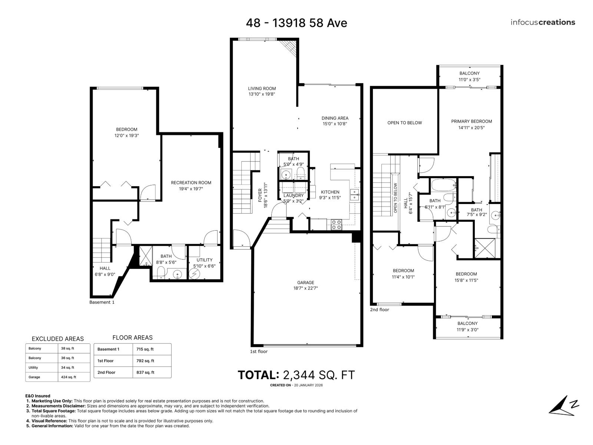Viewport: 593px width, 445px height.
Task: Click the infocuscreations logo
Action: [543, 22]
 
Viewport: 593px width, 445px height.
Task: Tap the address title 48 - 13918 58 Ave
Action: [296, 23]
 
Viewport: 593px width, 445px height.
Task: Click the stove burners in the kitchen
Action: [336, 224]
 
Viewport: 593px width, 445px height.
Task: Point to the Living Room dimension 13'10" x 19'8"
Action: [262, 94]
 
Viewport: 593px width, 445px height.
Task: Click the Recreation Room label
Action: [191, 182]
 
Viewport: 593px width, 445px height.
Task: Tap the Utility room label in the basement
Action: [204, 260]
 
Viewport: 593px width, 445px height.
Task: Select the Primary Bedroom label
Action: [471, 121]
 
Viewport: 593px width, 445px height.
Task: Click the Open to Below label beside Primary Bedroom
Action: [404, 123]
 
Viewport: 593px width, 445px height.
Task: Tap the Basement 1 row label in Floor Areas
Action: [108, 349]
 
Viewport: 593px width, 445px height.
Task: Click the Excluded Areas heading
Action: [58, 339]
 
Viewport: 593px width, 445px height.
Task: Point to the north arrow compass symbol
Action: [563, 406]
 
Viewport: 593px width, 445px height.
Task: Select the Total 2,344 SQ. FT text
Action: [296, 375]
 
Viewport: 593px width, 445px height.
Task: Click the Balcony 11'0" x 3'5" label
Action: [469, 76]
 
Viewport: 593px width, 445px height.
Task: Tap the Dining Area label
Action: [335, 118]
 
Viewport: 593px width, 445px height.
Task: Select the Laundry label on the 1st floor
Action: [293, 195]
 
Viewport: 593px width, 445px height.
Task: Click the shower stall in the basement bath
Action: [143, 256]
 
